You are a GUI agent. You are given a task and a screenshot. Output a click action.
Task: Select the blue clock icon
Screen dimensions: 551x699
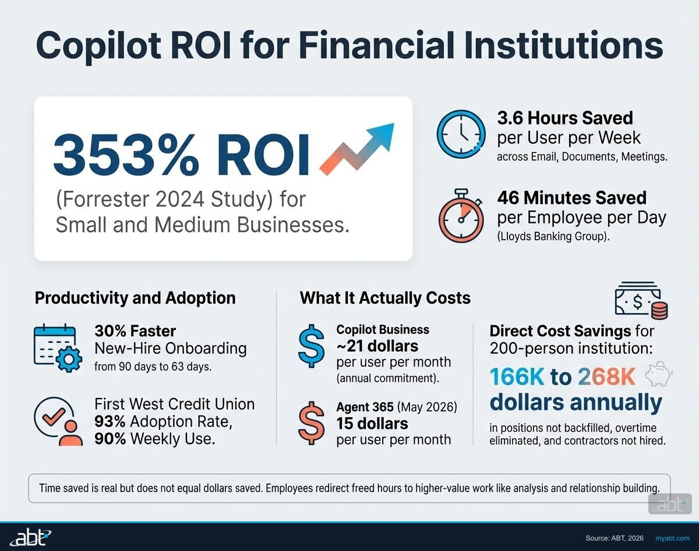[461, 134]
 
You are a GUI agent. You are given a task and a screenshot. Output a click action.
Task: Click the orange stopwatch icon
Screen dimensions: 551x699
[461, 216]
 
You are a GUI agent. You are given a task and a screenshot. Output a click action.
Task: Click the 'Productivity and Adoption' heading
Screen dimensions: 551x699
[135, 298]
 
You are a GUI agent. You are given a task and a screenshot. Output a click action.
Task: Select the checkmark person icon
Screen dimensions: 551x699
[58, 421]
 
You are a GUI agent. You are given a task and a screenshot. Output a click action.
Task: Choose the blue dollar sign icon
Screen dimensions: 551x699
[312, 346]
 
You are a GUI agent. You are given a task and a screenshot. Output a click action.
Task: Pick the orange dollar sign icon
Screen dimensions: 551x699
[312, 423]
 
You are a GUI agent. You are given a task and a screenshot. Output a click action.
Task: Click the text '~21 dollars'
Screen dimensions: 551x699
[377, 346]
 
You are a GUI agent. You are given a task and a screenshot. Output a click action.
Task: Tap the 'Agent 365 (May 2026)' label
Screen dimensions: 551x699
[397, 407]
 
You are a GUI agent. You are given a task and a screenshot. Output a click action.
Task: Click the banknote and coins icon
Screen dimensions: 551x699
[641, 301]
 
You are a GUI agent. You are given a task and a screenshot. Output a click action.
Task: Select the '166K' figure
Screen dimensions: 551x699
[517, 377]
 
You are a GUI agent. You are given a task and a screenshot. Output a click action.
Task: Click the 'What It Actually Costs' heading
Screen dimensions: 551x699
[385, 298]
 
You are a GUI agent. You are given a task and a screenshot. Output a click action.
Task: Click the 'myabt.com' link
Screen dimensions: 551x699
[672, 538]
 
